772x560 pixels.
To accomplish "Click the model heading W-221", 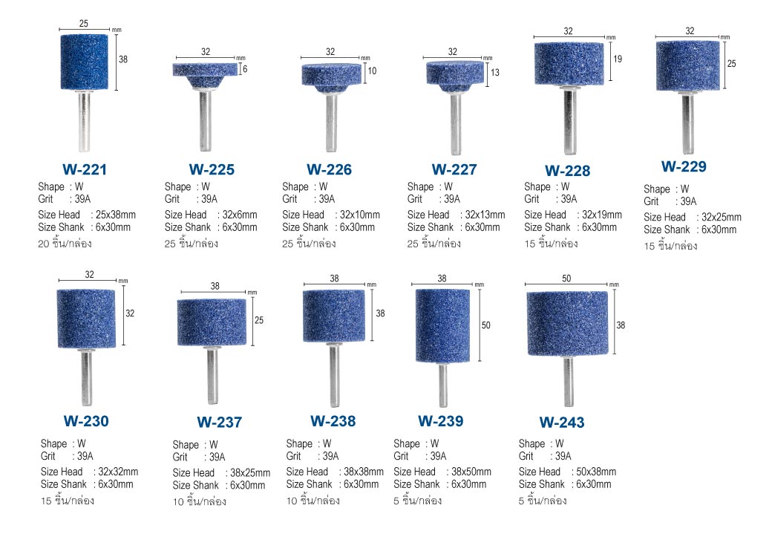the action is pyautogui.click(x=84, y=169).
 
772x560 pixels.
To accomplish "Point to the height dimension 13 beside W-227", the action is pyautogui.click(x=495, y=72).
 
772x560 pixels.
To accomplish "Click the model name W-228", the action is pyautogui.click(x=567, y=171).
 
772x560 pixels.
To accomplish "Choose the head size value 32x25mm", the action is pyautogui.click(x=722, y=217).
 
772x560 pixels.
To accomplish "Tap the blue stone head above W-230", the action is pyautogui.click(x=86, y=319).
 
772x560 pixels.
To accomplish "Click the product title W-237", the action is pyautogui.click(x=219, y=422).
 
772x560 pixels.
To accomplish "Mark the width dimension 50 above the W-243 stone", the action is pyautogui.click(x=566, y=279).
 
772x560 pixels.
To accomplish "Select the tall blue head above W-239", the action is pyautogui.click(x=442, y=326).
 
